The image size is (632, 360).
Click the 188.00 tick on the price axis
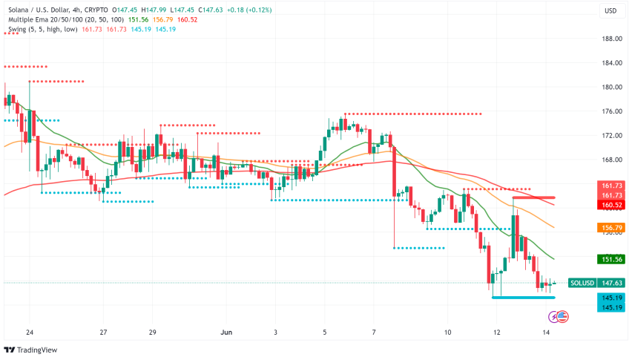611,39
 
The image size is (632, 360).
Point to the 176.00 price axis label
611,111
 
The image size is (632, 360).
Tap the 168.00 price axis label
611,160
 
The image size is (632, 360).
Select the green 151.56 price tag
611,259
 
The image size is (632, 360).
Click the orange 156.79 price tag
611,227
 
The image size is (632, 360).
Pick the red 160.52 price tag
611,205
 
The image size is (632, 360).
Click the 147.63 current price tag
611,283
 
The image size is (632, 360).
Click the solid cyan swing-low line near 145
523,297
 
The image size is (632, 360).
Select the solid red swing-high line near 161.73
533,197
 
